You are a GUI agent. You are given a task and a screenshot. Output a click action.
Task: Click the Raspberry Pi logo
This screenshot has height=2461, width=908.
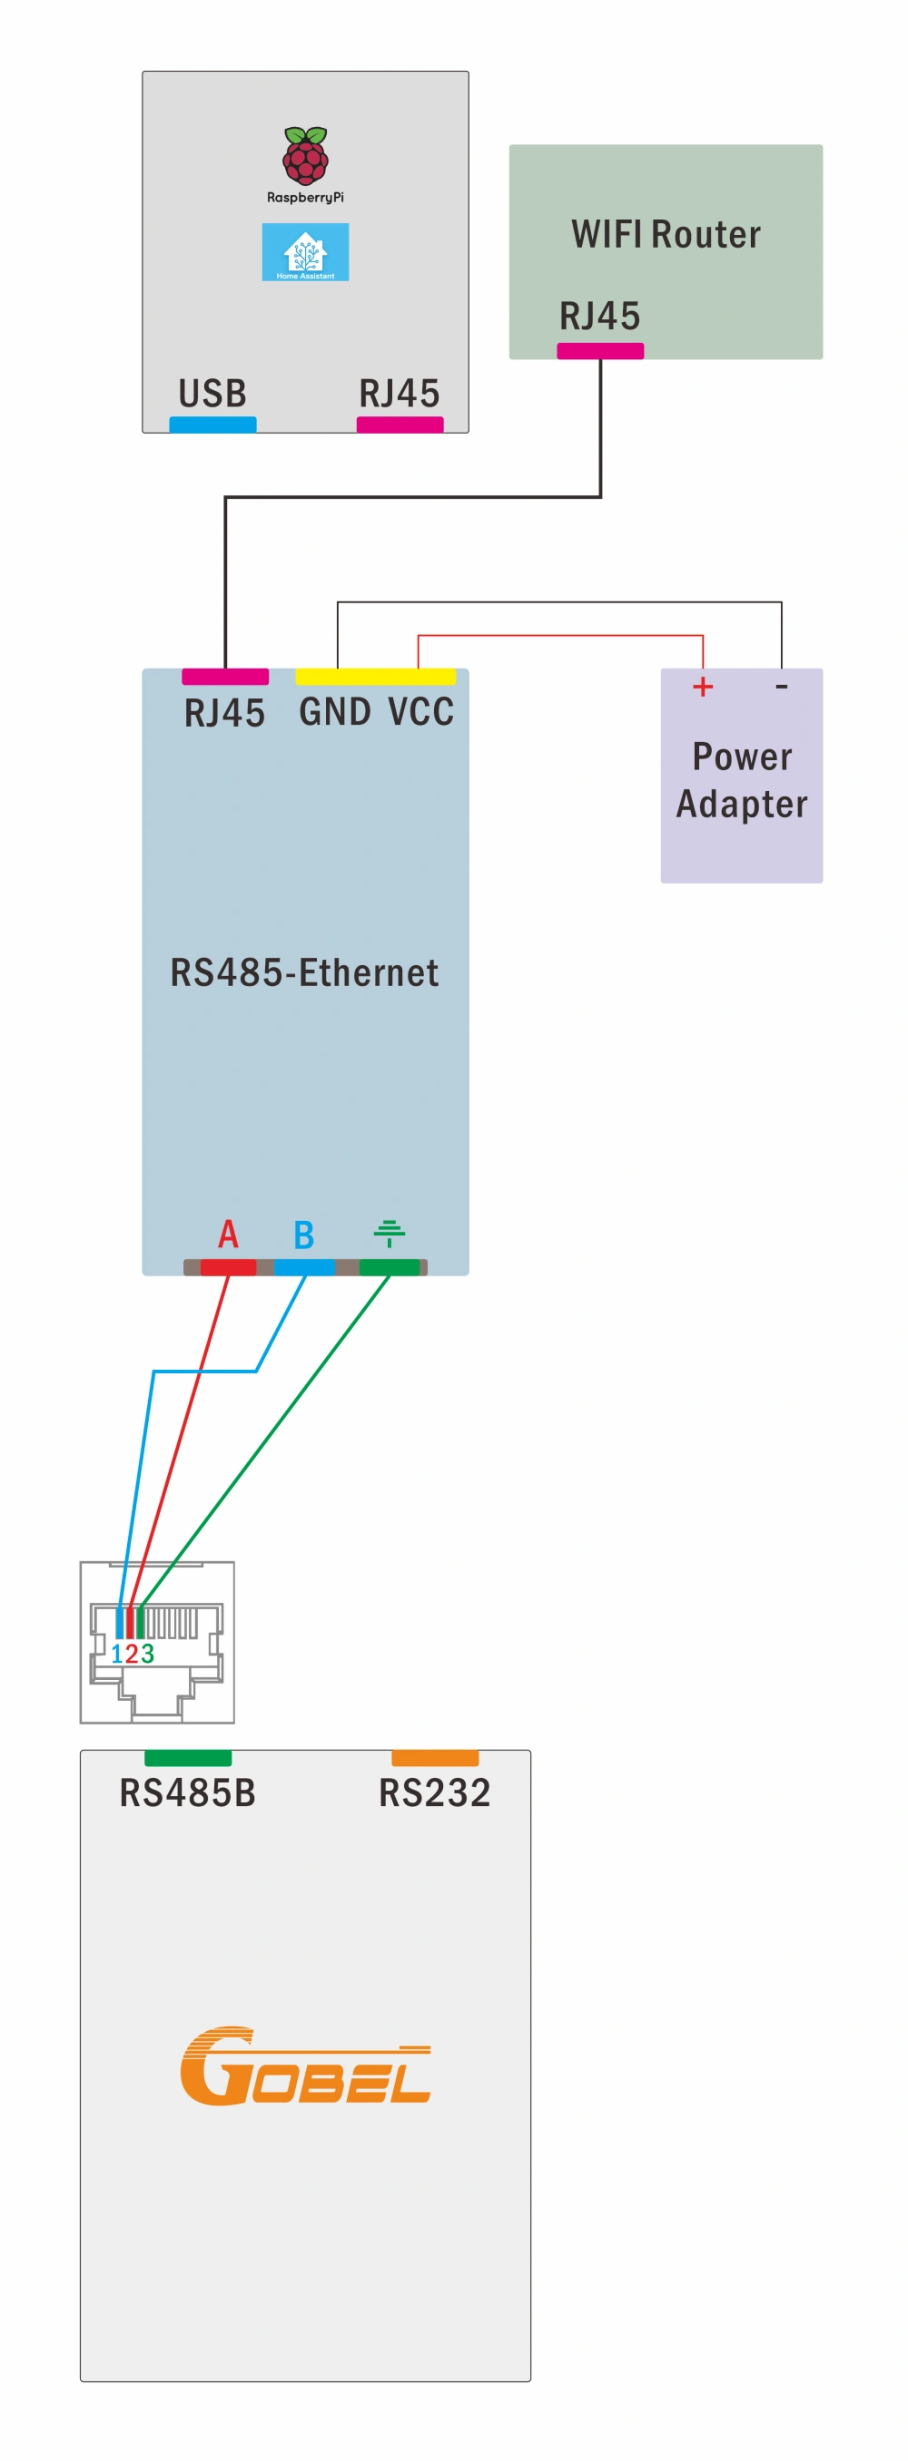(305, 156)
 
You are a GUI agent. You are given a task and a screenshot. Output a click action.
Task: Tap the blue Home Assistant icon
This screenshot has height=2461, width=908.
(305, 252)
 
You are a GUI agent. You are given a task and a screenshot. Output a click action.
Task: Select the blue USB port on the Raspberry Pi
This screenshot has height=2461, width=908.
(212, 425)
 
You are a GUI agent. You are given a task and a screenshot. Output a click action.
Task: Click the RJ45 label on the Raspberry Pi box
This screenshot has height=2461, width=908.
(399, 394)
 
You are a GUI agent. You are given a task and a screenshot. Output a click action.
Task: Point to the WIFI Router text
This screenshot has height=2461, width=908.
(666, 235)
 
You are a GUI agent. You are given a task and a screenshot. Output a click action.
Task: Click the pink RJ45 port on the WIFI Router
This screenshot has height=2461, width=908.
(600, 351)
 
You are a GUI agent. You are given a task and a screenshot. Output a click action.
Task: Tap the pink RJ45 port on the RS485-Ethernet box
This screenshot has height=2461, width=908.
(224, 677)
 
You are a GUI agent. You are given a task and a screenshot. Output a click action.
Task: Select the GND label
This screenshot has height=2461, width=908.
(334, 712)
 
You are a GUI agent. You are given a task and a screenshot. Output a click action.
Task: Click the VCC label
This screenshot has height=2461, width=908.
(420, 712)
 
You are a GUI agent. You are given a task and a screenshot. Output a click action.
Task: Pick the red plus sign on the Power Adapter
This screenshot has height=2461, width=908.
(703, 687)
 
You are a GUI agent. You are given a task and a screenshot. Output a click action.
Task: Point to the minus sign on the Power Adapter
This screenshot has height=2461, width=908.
(781, 687)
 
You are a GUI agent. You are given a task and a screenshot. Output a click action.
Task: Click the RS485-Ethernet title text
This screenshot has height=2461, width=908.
(304, 972)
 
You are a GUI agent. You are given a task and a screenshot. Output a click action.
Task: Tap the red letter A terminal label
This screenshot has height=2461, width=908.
(228, 1235)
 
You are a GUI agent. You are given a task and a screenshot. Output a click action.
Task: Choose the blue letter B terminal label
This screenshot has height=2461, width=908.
(304, 1235)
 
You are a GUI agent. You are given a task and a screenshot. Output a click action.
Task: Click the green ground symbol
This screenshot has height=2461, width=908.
(389, 1233)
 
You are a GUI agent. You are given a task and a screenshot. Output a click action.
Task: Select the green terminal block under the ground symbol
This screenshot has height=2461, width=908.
(389, 1268)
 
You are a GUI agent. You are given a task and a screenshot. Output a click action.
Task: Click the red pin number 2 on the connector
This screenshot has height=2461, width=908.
(132, 1654)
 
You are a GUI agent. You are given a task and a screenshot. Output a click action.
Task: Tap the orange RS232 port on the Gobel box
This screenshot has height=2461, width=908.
(435, 1758)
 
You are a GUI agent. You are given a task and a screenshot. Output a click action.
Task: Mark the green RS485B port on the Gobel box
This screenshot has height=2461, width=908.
(187, 1758)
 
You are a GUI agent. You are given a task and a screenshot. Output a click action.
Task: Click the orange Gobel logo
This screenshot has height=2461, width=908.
(305, 2066)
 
